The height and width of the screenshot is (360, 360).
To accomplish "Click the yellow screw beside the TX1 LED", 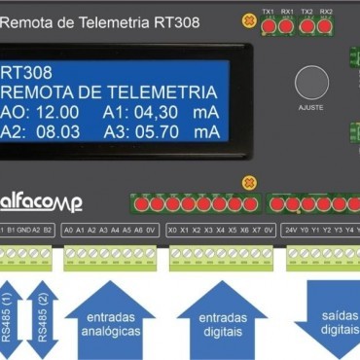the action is click(x=247, y=24).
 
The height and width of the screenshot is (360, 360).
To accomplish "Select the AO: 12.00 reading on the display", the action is click(x=39, y=113).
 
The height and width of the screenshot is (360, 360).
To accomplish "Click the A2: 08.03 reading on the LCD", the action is click(x=39, y=133).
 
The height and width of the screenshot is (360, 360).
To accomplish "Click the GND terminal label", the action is click(x=25, y=230).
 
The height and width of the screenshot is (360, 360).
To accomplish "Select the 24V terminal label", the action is click(x=290, y=230).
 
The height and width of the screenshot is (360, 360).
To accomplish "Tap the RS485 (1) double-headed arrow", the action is click(x=12, y=321).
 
